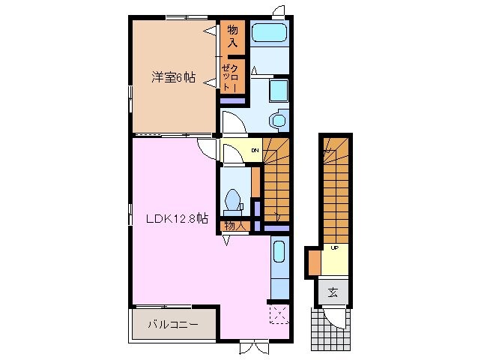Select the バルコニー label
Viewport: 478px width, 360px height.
[172, 325]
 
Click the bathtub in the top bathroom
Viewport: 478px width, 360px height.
[267, 34]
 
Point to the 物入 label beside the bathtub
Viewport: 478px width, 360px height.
[232, 36]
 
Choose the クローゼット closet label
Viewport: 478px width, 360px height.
[231, 78]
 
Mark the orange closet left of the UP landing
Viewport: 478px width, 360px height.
[314, 262]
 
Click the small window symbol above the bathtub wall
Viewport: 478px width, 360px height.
[279, 10]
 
